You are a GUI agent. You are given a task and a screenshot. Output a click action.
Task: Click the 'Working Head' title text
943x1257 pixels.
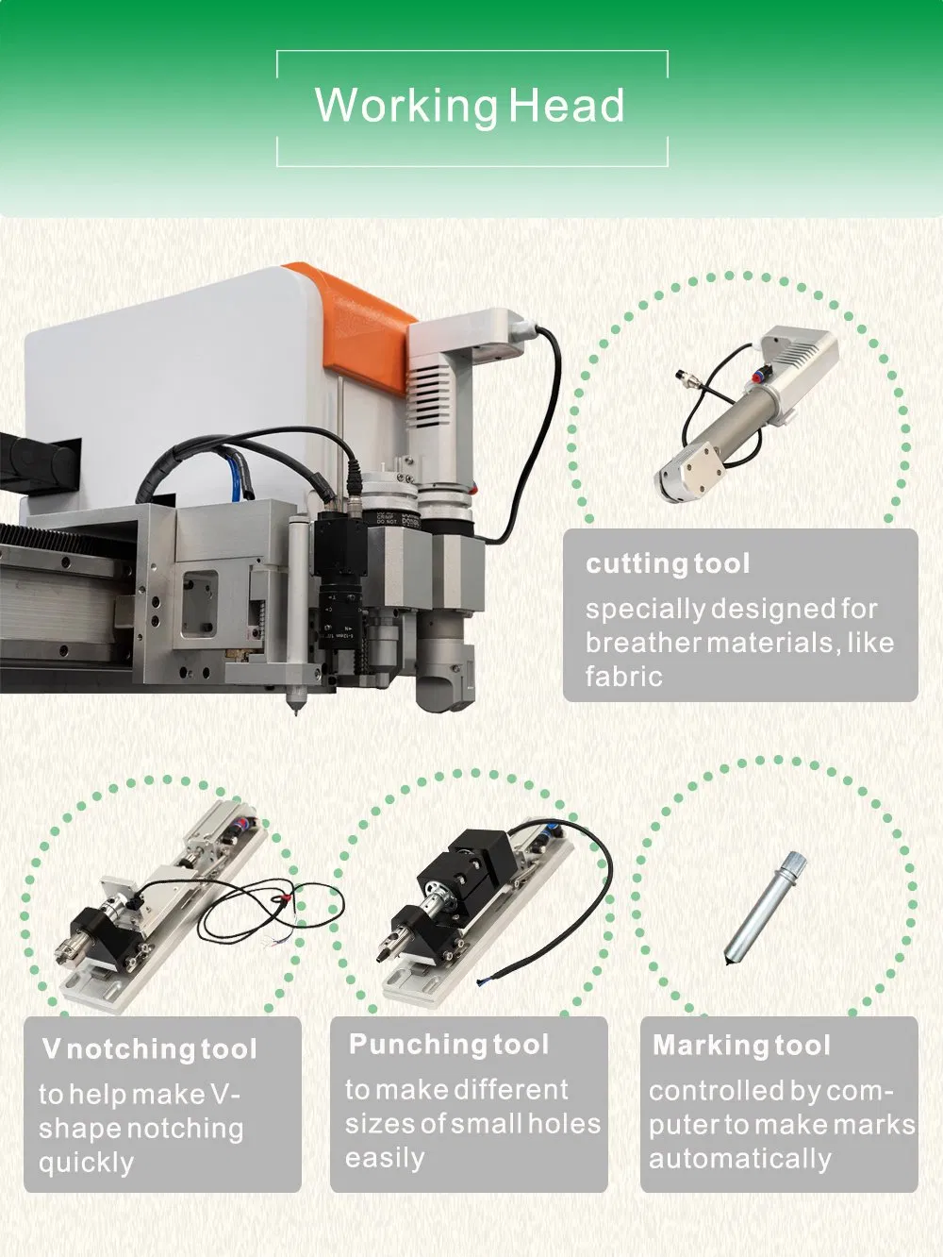pyautogui.click(x=470, y=106)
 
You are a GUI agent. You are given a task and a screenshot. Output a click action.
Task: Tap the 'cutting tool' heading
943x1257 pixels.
pyautogui.click(x=668, y=564)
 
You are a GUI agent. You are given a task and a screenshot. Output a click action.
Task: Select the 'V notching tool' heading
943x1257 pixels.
pyautogui.click(x=149, y=1048)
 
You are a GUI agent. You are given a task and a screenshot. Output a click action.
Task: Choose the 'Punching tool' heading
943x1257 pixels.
pyautogui.click(x=449, y=1045)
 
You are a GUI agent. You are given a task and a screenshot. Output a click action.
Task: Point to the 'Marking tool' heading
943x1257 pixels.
pyautogui.click(x=741, y=1046)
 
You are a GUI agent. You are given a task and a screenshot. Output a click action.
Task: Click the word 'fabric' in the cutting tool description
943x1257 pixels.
pyautogui.click(x=623, y=677)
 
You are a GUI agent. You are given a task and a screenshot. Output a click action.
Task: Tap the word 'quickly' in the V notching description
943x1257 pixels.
pyautogui.click(x=86, y=1163)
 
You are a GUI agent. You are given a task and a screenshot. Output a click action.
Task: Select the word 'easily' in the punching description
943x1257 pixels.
pyautogui.click(x=385, y=1158)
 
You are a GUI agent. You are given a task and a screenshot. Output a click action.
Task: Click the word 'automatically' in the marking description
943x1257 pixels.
pyautogui.click(x=740, y=1159)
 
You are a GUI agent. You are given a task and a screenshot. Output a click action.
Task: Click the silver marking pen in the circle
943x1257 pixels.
pyautogui.click(x=763, y=907)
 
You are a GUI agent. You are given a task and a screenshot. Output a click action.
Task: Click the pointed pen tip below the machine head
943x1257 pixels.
pyautogui.click(x=296, y=707)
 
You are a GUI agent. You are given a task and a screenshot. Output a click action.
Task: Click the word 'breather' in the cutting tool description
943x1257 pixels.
pyautogui.click(x=643, y=643)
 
